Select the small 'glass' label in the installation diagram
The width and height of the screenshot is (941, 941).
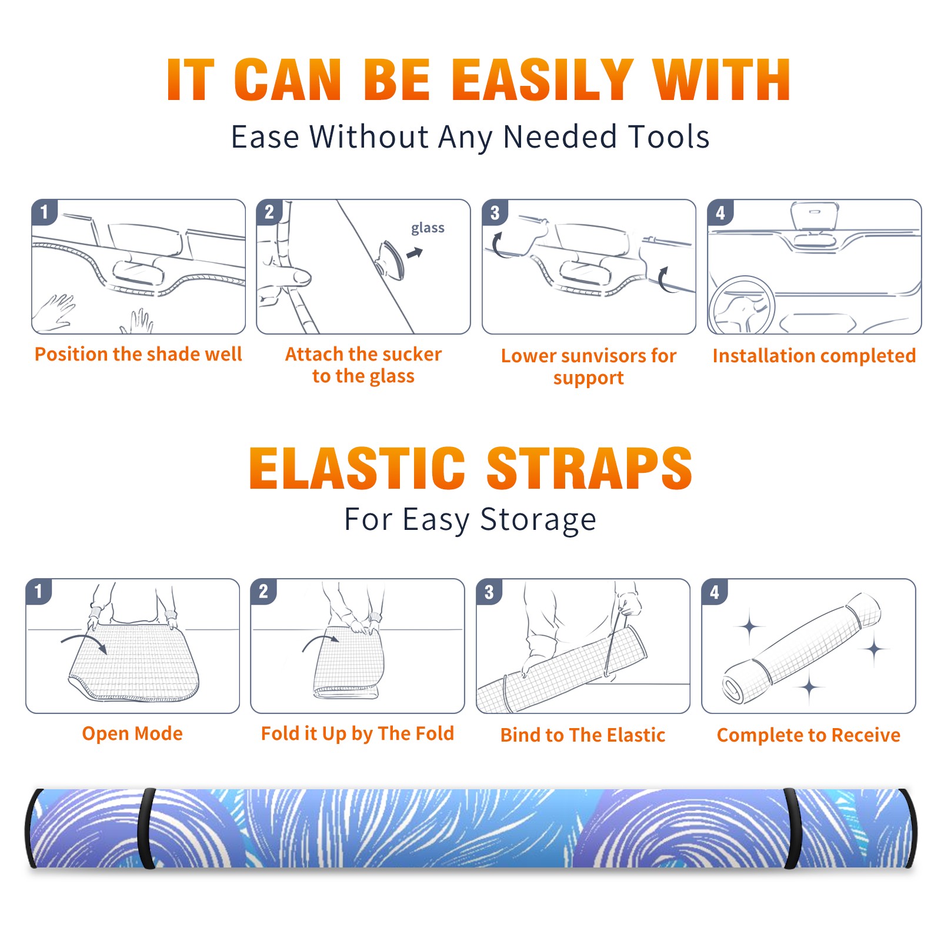click(428, 228)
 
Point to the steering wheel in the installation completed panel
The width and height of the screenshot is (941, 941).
click(742, 306)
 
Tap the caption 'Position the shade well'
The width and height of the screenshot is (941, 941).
click(138, 354)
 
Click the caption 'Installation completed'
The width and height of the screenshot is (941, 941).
click(814, 356)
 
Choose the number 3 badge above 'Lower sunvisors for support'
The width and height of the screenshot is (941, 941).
click(495, 212)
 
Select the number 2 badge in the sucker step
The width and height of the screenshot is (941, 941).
click(269, 212)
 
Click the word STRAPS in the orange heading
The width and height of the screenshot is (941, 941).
click(589, 468)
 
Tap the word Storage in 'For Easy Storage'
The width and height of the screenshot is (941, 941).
click(538, 520)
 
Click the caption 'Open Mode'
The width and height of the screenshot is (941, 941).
click(132, 733)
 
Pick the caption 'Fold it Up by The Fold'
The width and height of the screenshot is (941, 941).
click(358, 733)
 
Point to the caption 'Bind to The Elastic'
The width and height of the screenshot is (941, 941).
click(583, 735)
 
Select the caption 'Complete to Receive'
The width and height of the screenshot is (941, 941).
click(809, 735)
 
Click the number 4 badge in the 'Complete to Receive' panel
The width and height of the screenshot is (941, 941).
click(715, 592)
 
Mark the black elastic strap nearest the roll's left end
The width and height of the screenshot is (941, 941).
click(146, 829)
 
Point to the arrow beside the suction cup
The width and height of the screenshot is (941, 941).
click(415, 253)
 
